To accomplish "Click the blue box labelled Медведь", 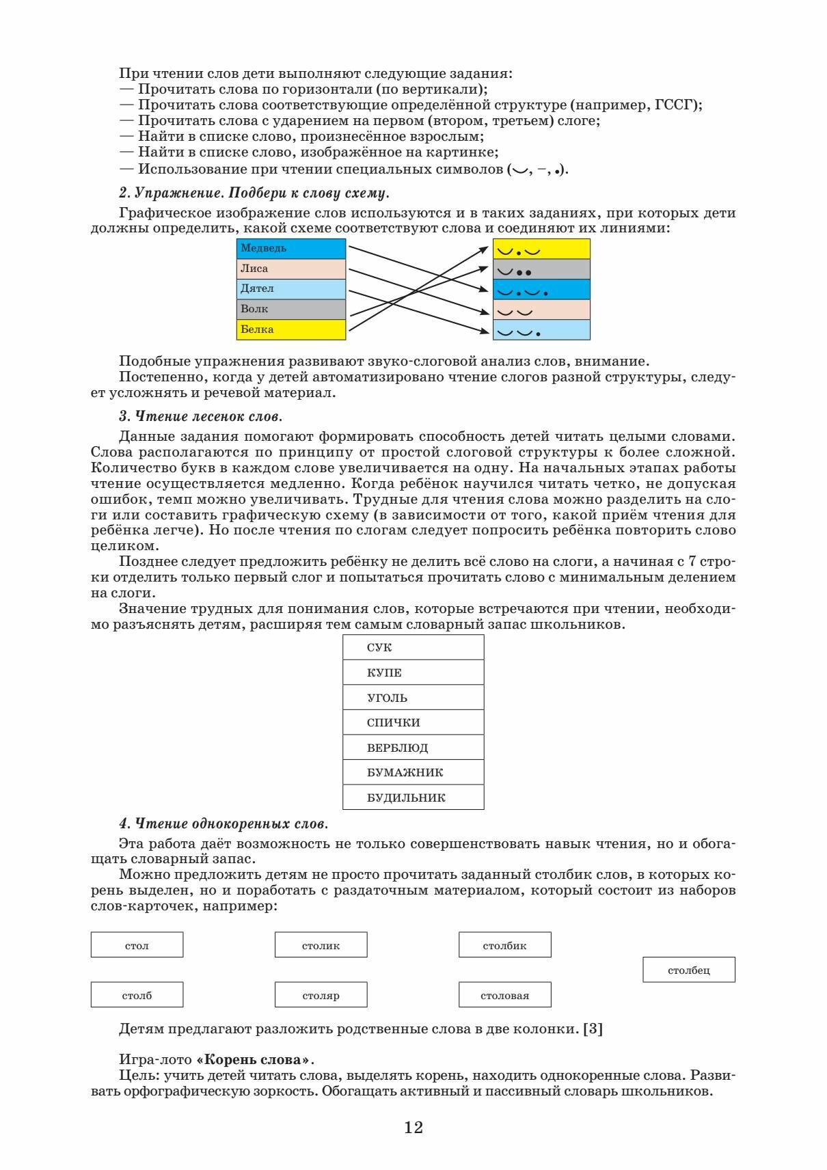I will point(291,249).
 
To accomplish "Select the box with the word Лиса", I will point(291,269).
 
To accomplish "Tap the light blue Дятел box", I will point(291,289).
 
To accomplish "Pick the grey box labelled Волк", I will point(291,310).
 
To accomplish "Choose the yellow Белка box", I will point(291,329).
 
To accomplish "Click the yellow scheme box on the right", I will point(541,249).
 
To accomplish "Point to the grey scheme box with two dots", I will point(541,270).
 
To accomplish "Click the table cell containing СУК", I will point(413,648).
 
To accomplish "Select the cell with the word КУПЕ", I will point(413,672).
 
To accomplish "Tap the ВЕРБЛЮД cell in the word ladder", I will point(413,748).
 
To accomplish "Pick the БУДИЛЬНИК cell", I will point(413,798).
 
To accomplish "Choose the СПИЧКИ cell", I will point(413,722).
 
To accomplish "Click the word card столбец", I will point(689,970).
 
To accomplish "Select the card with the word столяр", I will point(321,995).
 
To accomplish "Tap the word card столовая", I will point(505,995).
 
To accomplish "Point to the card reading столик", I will point(321,945).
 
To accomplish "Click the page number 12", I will point(413,1128).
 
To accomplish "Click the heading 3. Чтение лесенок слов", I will point(200,416).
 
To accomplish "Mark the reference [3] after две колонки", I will point(593,1029).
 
